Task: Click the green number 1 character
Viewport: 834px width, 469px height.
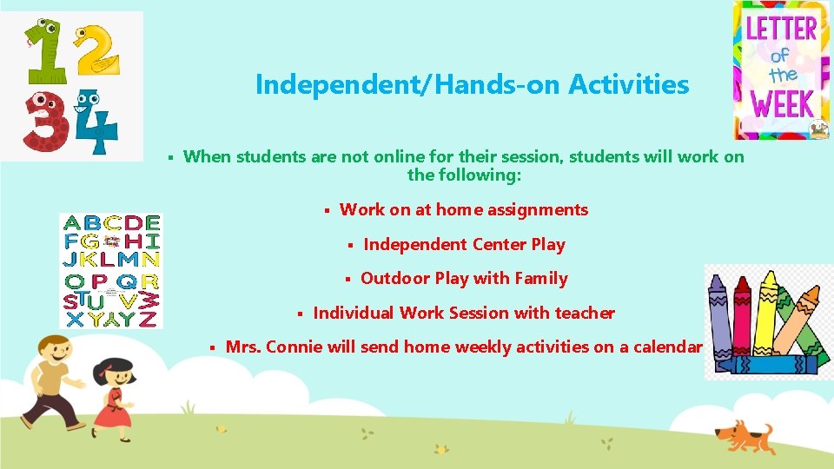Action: click(43, 52)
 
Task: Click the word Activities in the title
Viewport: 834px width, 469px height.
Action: click(628, 85)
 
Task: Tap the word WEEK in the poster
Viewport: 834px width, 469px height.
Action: click(782, 106)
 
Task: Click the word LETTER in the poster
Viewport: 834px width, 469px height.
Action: click(782, 28)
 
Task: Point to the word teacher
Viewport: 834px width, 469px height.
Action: click(584, 313)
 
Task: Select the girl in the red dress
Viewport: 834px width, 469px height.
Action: click(113, 395)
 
